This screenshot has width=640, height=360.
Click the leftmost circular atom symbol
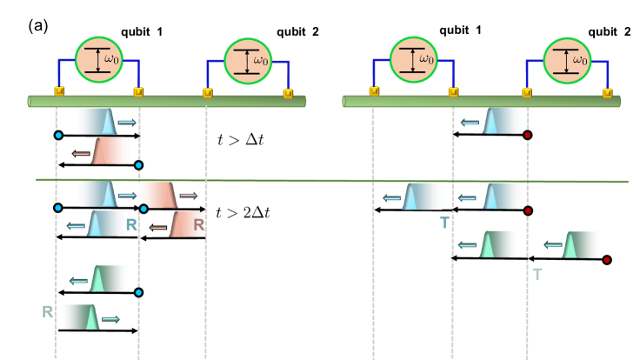[99, 60]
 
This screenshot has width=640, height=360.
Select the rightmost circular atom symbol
[567, 61]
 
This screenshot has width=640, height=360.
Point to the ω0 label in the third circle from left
[426, 59]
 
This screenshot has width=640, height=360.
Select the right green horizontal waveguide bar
[481, 101]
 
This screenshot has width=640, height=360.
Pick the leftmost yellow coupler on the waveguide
[59, 90]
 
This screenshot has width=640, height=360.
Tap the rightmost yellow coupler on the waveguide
[607, 92]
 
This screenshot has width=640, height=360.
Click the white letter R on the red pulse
[198, 224]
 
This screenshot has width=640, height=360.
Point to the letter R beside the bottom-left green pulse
[47, 311]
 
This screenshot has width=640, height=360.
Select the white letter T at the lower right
[537, 274]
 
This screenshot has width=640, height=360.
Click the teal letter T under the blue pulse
[444, 223]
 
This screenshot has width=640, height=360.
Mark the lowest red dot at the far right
[607, 260]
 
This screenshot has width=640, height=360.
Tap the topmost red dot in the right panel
[527, 135]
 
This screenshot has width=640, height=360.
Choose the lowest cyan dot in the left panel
[138, 292]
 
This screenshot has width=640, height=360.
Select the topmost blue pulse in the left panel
[97, 121]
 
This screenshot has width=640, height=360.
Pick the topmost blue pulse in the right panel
[503, 121]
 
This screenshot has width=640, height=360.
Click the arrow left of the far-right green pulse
[552, 244]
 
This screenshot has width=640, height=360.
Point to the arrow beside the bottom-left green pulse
[110, 319]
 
